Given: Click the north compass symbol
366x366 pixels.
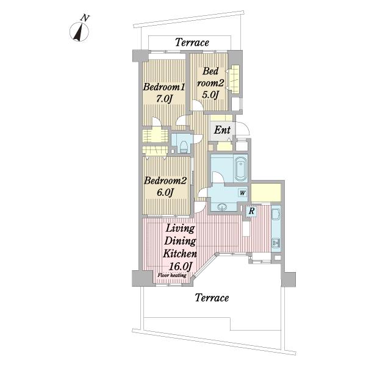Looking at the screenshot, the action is pos(79,30).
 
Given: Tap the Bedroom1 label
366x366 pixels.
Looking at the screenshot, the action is pos(164,87).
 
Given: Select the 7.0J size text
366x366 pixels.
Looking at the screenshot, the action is pos(164,99).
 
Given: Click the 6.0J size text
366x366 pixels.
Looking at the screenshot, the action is pos(165,192).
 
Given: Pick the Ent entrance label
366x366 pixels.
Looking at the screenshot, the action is pos(222,130).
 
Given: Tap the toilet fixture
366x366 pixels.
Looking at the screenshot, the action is pos(184,146).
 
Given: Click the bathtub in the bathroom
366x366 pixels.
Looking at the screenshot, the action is pos(240,168).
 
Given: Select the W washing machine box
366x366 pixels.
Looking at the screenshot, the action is pos(243,193).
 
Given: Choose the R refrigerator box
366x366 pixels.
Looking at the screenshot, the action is pos(251,211).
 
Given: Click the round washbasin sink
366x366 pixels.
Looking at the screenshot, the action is pos(222,207).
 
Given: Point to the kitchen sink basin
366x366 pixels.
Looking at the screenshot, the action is pos(276,215).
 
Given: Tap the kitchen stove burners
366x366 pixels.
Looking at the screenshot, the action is pos(276,243).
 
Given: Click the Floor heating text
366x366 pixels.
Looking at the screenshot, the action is pos(172,275).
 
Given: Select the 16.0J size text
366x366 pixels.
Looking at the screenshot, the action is pos(181,266).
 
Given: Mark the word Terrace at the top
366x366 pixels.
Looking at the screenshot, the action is pos(192,43).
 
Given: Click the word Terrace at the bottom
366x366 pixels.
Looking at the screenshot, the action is pos(212,298).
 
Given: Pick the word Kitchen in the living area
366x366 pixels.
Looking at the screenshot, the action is pos(180,254).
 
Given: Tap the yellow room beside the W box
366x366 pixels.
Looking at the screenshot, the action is pos(266,193).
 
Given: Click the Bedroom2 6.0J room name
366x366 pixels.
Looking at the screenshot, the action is pos(165,181).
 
